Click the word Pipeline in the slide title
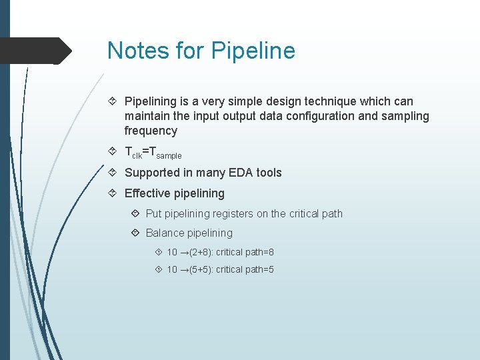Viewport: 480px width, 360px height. tap(253, 51)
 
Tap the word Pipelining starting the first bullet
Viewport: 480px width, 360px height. tap(150, 101)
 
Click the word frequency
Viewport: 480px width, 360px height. tap(151, 131)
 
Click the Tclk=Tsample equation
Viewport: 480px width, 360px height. tap(153, 152)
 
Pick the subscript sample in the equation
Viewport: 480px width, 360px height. tap(169, 155)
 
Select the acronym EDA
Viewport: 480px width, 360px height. tap(230, 173)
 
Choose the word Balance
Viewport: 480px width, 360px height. tap(164, 233)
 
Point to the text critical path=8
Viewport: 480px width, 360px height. tap(245, 253)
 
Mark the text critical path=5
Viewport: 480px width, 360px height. tap(245, 270)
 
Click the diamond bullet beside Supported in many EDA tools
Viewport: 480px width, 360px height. tap(114, 173)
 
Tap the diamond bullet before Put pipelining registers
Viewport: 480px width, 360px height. tap(135, 214)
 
